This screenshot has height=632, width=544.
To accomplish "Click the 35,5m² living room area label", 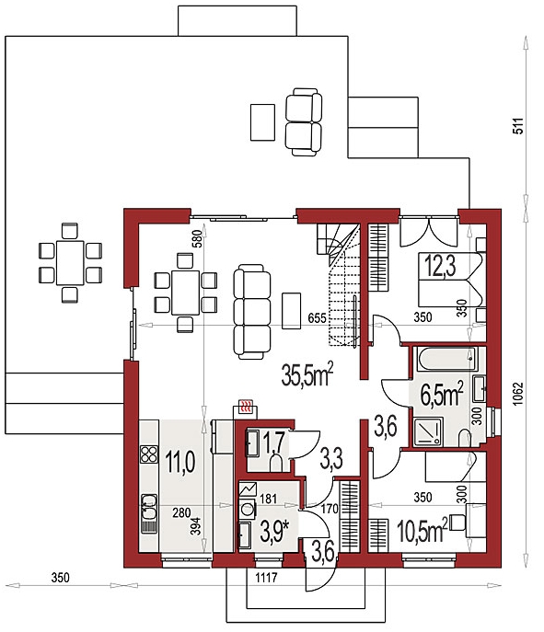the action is pyautogui.click(x=307, y=373).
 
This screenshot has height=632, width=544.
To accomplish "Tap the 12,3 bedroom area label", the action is pyautogui.click(x=440, y=267).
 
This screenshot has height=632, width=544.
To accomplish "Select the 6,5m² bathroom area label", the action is pyautogui.click(x=442, y=395).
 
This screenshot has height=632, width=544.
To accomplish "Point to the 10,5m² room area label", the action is pyautogui.click(x=422, y=530).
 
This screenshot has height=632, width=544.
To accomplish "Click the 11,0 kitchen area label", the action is pyautogui.click(x=180, y=462).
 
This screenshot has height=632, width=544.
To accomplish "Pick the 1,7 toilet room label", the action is pyautogui.click(x=273, y=442).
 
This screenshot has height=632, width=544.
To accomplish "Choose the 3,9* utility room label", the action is pyautogui.click(x=275, y=531).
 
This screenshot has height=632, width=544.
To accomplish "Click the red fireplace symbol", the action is pyautogui.click(x=246, y=407).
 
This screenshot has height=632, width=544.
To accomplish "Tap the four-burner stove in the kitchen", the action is pyautogui.click(x=149, y=454).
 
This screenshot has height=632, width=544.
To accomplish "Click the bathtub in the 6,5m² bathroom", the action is pyautogui.click(x=446, y=359).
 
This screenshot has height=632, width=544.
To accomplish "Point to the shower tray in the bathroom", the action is pyautogui.click(x=428, y=432).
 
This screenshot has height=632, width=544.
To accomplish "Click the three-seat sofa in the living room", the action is pyautogui.click(x=251, y=312).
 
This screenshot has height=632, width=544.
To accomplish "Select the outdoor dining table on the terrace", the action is pyautogui.click(x=70, y=263).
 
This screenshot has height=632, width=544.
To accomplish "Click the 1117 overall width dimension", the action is pyautogui.click(x=267, y=578).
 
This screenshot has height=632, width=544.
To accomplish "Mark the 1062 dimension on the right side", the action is pyautogui.click(x=518, y=394).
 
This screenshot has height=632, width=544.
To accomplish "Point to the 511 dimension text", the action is pyautogui.click(x=518, y=126).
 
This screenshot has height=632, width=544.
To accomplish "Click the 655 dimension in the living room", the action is pyautogui.click(x=317, y=318).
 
